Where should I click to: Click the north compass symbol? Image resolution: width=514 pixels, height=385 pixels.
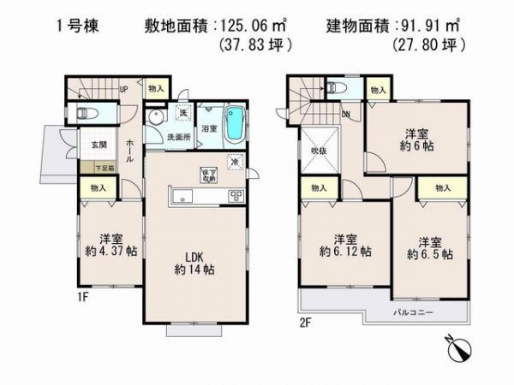coord(458,350)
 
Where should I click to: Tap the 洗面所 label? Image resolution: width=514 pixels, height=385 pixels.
coord(177,136)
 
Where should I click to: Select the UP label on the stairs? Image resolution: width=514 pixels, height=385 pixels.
coord(123,89)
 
